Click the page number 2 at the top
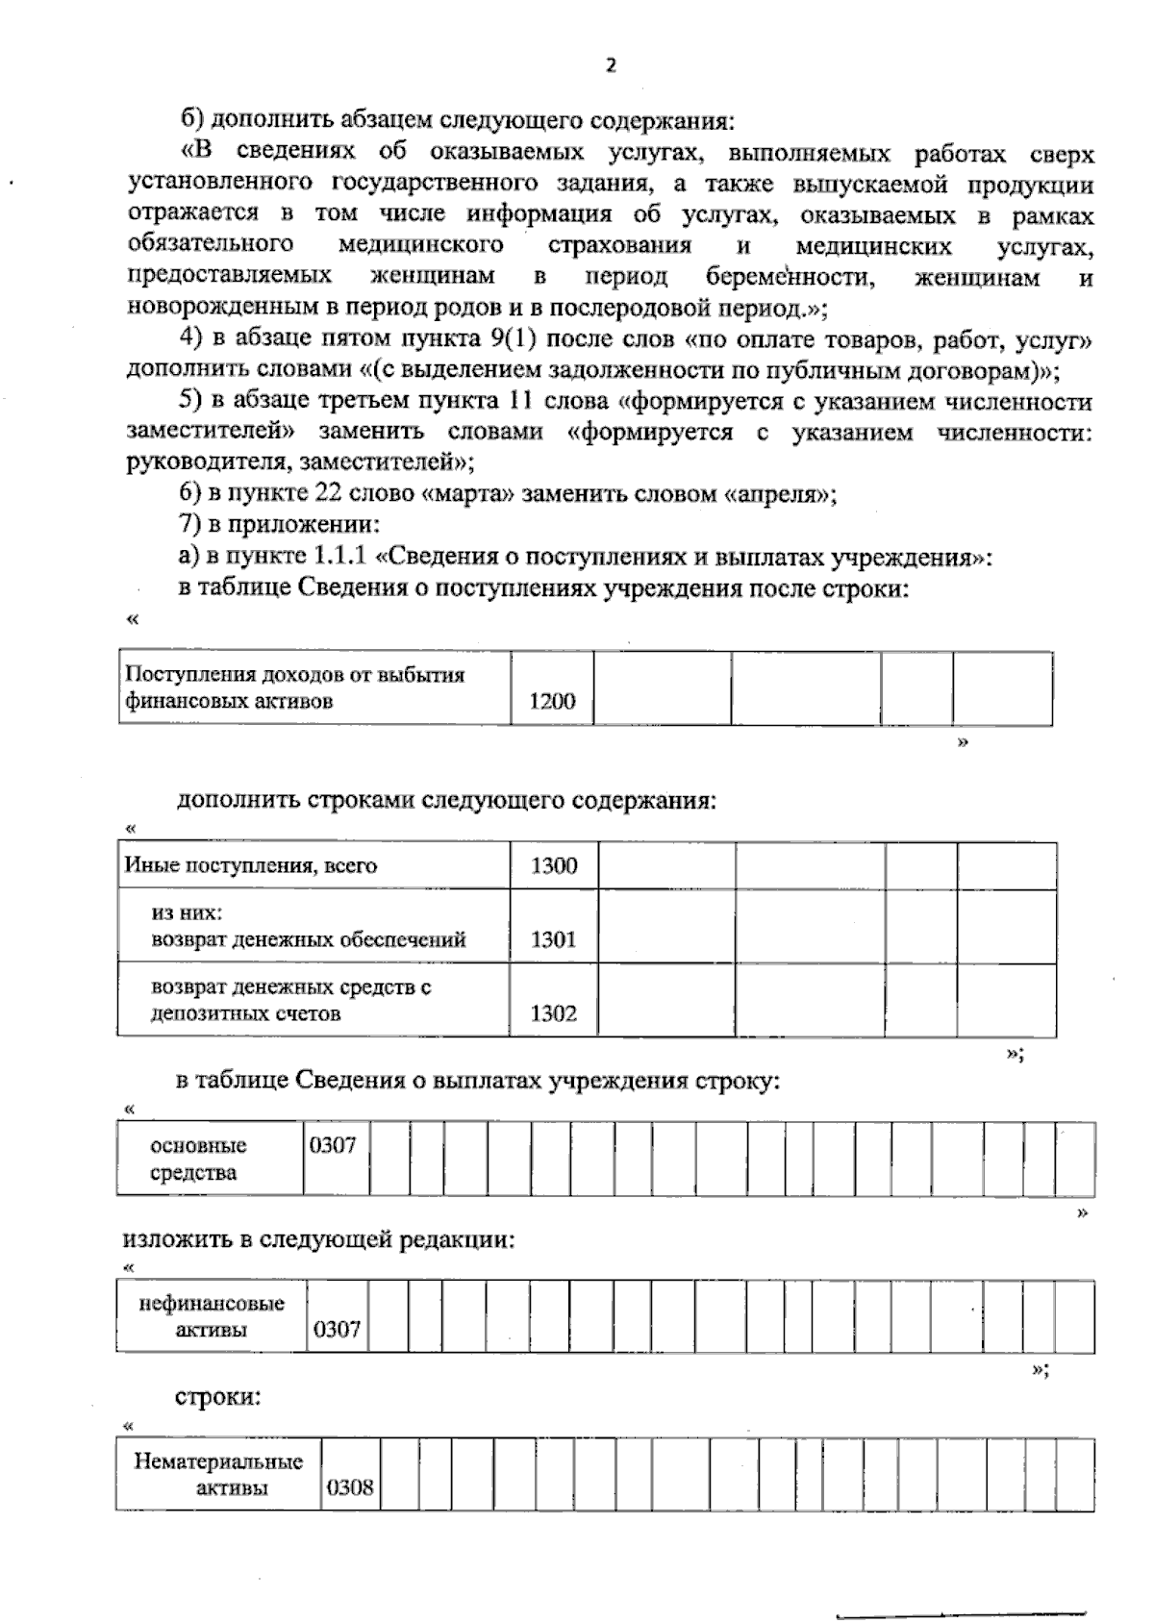point(610,64)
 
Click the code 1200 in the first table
point(552,701)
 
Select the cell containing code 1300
point(554,865)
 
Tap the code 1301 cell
point(553,938)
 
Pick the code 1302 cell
point(553,1012)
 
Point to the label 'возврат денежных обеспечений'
point(308,939)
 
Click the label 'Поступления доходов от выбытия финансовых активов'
point(295,687)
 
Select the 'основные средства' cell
point(198,1159)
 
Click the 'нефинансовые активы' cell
point(212,1316)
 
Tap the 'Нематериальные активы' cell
point(218,1475)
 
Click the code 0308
point(350,1487)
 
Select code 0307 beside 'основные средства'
point(333,1145)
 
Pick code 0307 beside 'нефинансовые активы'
point(337,1330)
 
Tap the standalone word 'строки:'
point(217,1396)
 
